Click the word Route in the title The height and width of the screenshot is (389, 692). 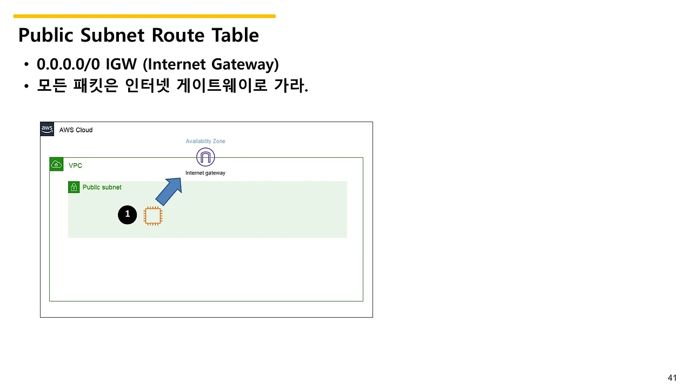tap(178, 35)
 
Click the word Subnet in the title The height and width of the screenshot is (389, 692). tap(112, 35)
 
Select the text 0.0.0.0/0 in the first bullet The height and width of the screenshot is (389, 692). tap(68, 64)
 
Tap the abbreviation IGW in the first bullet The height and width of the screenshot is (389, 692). tap(121, 64)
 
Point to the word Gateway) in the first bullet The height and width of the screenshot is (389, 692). tap(245, 64)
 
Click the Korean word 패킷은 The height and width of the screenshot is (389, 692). tap(96, 85)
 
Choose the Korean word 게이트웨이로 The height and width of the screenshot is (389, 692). tap(222, 85)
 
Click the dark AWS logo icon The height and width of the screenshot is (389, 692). tap(47, 129)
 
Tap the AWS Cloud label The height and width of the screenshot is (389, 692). tap(76, 130)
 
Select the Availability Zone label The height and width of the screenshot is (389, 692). tap(205, 141)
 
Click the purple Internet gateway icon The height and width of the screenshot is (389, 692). tap(205, 157)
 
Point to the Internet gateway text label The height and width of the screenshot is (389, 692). tap(205, 173)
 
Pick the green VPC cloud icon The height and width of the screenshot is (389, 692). tap(56, 164)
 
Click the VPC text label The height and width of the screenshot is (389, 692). tap(75, 165)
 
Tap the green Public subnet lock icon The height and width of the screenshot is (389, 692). tap(74, 187)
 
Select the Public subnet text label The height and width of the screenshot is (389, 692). tap(102, 187)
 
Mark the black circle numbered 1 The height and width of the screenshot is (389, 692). tap(127, 214)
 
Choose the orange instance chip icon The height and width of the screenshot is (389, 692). tap(153, 216)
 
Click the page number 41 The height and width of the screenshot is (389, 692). tap(672, 378)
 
